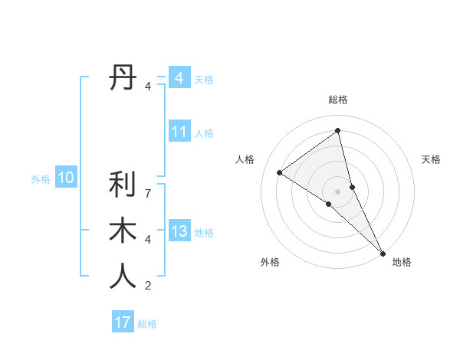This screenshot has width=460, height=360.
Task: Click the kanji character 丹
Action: [123, 78]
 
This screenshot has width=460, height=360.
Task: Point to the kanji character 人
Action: [123, 277]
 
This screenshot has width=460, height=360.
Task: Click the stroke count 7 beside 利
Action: [148, 193]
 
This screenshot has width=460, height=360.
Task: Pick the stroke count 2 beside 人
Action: [148, 286]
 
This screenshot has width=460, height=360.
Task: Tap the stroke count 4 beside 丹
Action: [148, 87]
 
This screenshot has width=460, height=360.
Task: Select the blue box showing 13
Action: [179, 232]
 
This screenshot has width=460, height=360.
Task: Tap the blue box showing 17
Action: [122, 322]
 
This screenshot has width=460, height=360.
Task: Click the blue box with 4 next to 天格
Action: [179, 78]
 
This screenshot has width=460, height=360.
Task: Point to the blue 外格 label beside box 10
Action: [41, 179]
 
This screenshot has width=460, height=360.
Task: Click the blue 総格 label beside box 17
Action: [147, 324]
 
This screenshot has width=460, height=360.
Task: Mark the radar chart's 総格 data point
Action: [337, 130]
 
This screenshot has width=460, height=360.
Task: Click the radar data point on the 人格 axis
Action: [279, 172]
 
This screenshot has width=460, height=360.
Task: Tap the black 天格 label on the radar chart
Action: [431, 159]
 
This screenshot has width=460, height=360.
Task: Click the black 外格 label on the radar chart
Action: [269, 262]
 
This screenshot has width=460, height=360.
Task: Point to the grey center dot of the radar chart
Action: [337, 190]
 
